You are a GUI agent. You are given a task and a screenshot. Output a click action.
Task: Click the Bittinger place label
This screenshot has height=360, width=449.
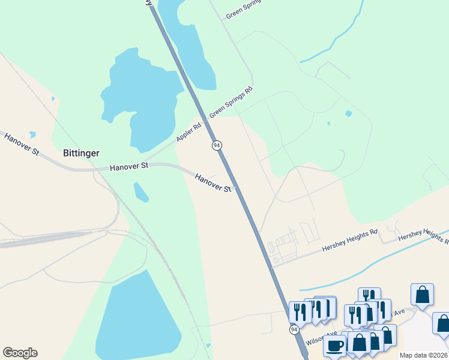coord(81,153)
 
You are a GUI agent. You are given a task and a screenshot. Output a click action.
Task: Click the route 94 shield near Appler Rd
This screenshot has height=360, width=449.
coord(217,145)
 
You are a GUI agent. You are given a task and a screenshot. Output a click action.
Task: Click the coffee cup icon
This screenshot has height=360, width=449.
coord(334,346)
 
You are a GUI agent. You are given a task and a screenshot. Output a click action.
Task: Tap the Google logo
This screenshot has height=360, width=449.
coord(20,353)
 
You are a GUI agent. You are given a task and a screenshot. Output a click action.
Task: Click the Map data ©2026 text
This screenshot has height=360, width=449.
coord(424,355)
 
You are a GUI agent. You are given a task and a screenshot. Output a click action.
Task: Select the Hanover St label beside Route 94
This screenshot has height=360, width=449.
coord(213,182)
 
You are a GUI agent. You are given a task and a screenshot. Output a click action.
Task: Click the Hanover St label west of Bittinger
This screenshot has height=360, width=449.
coord(21,145)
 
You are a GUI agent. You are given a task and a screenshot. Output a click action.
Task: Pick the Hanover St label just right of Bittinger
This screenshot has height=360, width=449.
coord(129,166)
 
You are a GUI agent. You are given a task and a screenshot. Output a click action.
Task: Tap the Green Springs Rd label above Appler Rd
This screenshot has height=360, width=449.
coord(231,102)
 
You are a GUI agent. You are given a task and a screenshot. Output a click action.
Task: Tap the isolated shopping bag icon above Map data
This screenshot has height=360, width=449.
coord(423,295)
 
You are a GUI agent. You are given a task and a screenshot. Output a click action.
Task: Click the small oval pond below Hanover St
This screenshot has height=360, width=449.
coord(141,193)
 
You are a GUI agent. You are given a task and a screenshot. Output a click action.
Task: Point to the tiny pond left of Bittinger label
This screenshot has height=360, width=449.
coord(32,136)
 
